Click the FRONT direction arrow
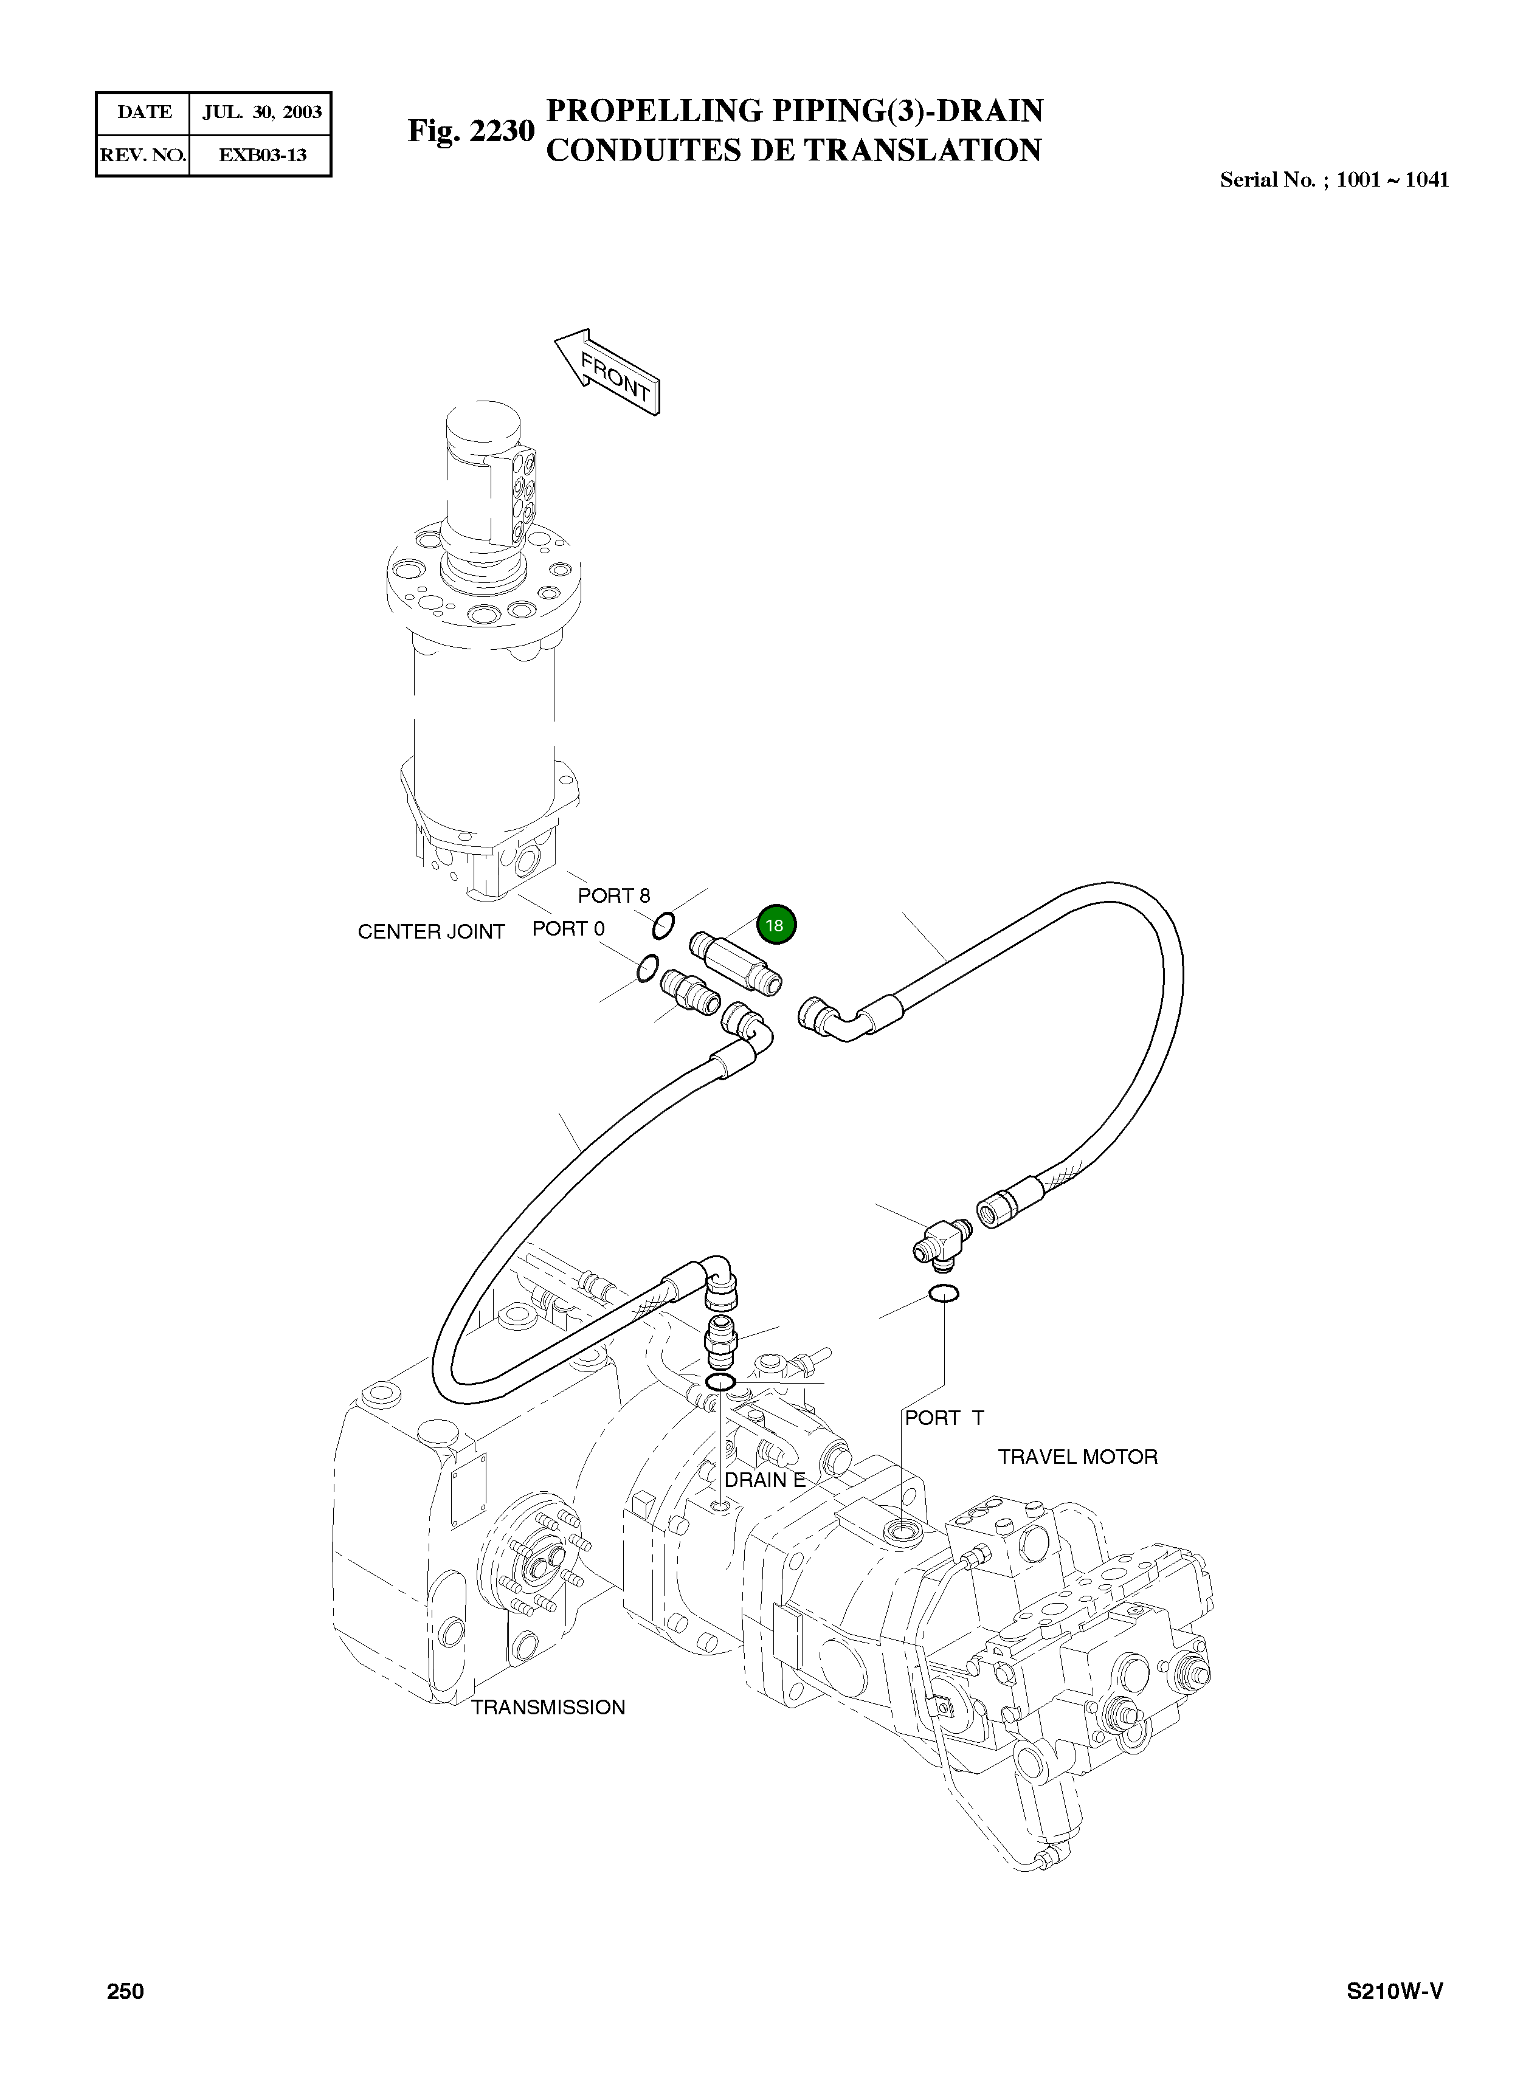608,372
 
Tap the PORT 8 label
613,896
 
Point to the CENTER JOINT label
430,931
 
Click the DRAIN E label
764,1480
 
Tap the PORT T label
944,1417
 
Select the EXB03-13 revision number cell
262,155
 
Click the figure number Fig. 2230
471,131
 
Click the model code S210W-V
1395,1991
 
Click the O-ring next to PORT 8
663,926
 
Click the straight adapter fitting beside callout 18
736,962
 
